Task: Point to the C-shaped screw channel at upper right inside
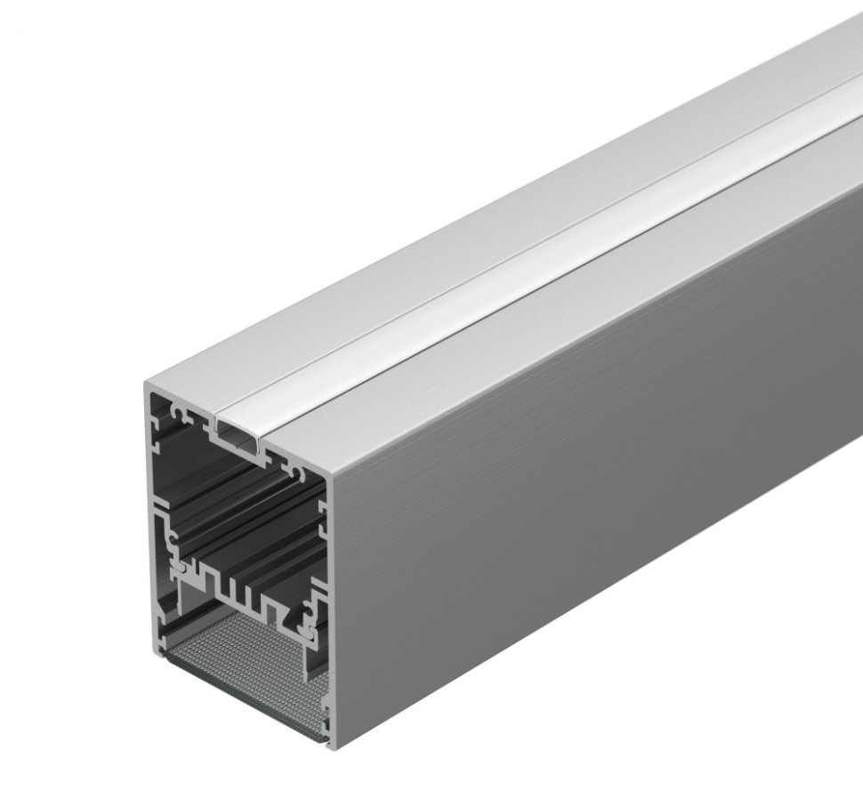pos(294,464)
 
